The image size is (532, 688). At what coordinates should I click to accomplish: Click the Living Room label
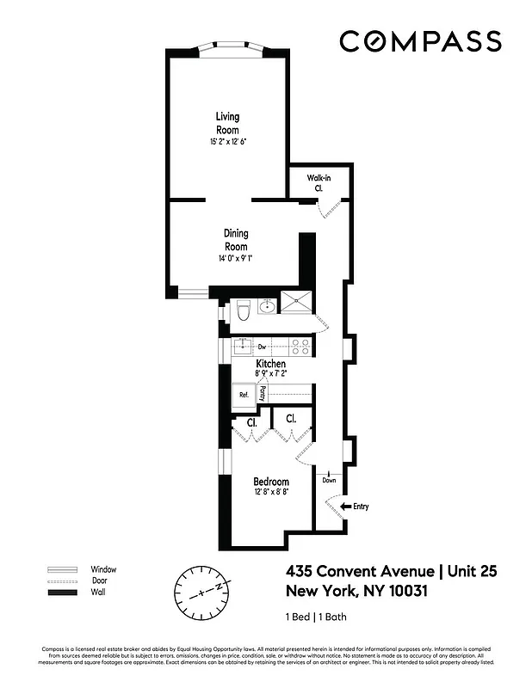(x=227, y=123)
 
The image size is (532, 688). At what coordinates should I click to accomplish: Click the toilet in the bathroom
(x=243, y=310)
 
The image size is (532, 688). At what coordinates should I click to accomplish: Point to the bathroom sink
(x=268, y=306)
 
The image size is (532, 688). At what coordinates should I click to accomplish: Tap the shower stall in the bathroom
(x=297, y=302)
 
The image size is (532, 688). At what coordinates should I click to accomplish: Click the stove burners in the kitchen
(x=300, y=347)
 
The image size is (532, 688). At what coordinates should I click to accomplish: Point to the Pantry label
(x=263, y=393)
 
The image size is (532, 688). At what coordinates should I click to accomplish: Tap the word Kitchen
(x=270, y=365)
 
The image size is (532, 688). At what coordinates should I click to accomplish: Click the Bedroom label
(x=270, y=482)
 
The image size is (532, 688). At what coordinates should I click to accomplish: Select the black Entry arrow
(x=347, y=507)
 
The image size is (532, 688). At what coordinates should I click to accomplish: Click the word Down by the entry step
(x=329, y=481)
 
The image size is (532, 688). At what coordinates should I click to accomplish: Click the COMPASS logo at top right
(x=420, y=41)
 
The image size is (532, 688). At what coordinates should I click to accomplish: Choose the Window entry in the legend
(x=102, y=569)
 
